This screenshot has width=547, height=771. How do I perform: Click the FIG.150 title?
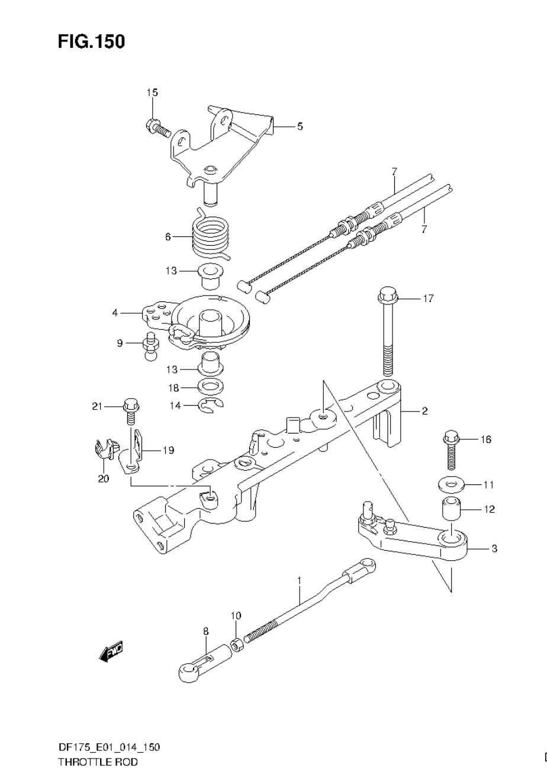(91, 41)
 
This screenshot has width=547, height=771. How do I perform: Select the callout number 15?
(152, 92)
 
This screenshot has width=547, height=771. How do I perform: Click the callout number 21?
(97, 406)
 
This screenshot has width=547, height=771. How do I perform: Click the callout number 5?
(300, 126)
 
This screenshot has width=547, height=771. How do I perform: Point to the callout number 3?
(494, 548)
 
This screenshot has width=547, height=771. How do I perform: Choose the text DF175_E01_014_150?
(109, 747)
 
